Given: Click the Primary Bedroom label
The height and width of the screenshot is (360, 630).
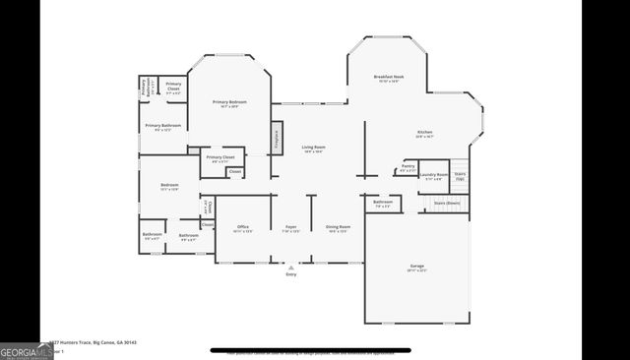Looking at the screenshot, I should click(x=230, y=103).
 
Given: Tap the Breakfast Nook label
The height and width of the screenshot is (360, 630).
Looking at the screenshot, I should click(x=387, y=79).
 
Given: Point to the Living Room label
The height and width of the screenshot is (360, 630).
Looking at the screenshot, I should click(x=313, y=149).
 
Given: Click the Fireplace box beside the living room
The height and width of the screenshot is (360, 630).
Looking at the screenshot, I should click(x=277, y=138).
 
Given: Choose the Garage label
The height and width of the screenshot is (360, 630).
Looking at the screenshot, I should click(x=416, y=267).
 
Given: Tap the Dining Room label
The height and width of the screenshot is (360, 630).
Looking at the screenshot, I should click(x=338, y=229).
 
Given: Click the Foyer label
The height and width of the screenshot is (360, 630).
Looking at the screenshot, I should click(x=291, y=229).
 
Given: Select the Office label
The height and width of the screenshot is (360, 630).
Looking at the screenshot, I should click(x=242, y=229).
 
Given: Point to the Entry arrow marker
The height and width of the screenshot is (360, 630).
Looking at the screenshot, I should click(x=290, y=267).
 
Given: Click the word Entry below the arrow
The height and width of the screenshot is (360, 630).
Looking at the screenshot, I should click(x=290, y=274).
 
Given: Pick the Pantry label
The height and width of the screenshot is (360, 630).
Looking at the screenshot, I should click(x=408, y=168).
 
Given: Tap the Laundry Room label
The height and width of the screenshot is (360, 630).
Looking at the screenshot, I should click(x=434, y=177).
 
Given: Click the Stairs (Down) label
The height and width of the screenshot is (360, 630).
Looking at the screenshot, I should click(x=446, y=204).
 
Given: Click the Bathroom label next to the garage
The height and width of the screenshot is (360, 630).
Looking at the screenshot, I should click(x=383, y=205).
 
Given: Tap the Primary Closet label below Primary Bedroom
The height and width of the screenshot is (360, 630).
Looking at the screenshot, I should click(x=220, y=158).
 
